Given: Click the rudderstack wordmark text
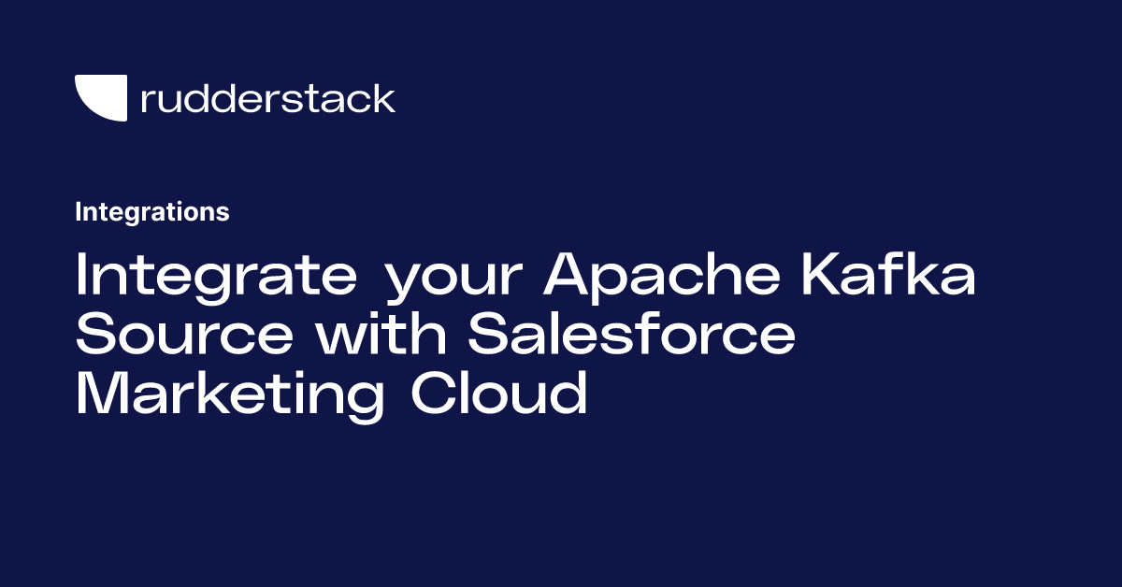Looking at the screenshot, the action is tap(268, 98).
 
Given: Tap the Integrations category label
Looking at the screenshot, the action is tap(152, 212).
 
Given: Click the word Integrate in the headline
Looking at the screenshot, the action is tap(216, 277).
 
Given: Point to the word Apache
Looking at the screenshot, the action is tap(661, 277).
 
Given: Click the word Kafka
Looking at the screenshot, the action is tap(888, 273).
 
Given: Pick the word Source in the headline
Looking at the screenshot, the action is tap(184, 333).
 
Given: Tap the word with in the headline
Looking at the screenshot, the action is tap(381, 332).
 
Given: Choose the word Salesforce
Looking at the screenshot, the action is tap(631, 332).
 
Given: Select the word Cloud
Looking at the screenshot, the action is tap(499, 391).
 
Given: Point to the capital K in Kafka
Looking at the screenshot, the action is tap(823, 274).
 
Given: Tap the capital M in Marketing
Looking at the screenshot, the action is tap(102, 393).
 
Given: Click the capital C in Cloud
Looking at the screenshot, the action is tap(434, 393).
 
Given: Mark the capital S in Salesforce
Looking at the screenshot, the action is tap(490, 333).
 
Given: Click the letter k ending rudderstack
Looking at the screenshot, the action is tap(384, 98).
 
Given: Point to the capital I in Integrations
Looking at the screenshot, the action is tap(79, 212).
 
